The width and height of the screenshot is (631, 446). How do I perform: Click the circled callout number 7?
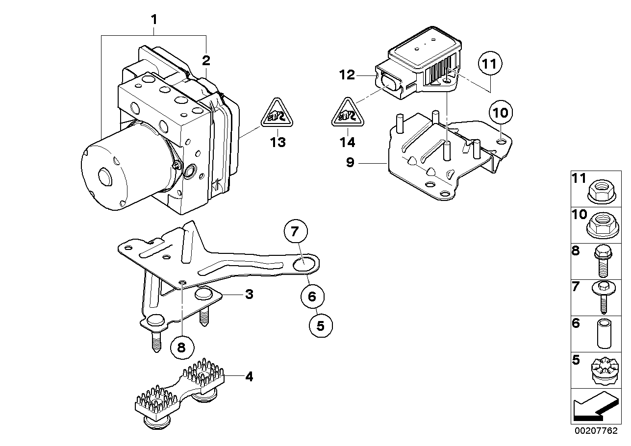coord(295,232)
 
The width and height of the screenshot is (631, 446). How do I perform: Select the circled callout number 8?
coord(181,347)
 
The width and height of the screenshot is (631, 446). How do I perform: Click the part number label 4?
coord(249,377)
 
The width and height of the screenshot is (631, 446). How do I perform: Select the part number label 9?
coord(350,162)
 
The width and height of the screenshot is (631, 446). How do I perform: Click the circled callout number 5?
coord(321,325)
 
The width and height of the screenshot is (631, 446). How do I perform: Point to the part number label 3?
coord(249,294)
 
